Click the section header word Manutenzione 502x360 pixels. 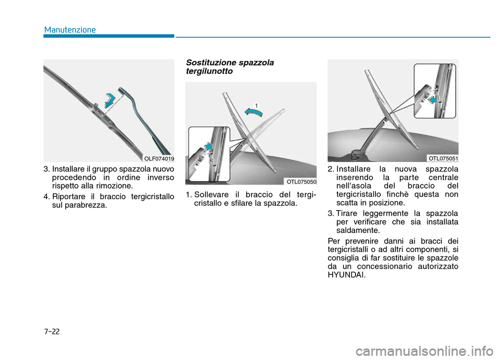click(70, 29)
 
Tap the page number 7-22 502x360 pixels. click(51, 331)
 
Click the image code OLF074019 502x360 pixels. click(159, 158)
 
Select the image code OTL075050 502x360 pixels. click(301, 181)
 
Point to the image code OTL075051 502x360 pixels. click(443, 158)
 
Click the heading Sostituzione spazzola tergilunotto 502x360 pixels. click(230, 66)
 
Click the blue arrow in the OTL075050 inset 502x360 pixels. click(209, 147)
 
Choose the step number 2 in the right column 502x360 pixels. click(330, 169)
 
